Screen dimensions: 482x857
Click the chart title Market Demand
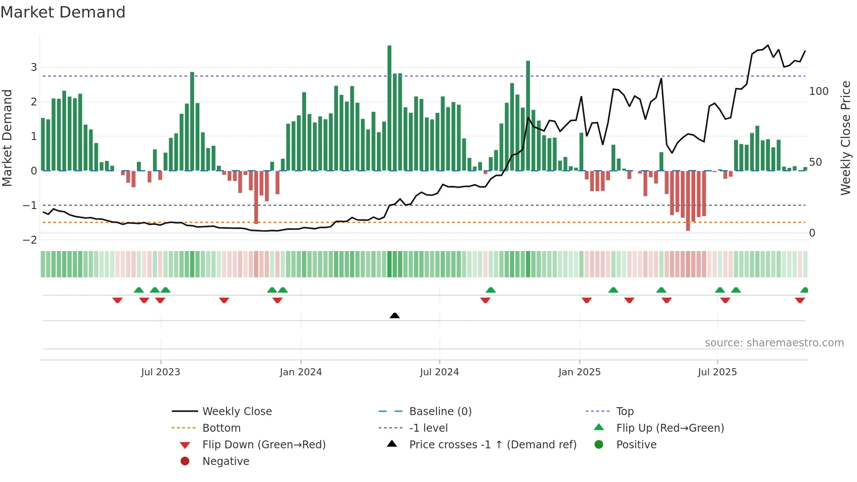(63, 12)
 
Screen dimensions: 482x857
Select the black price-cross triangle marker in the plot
(394, 315)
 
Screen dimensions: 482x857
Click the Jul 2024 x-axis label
(439, 372)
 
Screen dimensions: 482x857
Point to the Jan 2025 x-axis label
(579, 372)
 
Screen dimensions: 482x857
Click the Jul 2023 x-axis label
(160, 372)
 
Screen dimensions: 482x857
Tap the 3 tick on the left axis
(34, 67)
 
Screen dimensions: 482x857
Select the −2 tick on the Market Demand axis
(30, 240)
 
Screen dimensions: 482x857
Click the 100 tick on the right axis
(819, 91)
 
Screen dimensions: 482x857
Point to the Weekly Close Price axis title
(846, 138)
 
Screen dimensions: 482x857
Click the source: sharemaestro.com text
(774, 343)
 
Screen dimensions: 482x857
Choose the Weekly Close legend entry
(237, 411)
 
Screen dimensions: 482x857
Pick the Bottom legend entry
(221, 428)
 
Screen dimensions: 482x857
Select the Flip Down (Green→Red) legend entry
(264, 444)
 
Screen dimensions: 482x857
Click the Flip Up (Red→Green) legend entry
(670, 428)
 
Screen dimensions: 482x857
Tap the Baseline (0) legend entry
(440, 411)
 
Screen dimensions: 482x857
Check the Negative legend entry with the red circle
(226, 461)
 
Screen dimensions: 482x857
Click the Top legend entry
(624, 411)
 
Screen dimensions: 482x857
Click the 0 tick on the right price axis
(812, 233)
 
